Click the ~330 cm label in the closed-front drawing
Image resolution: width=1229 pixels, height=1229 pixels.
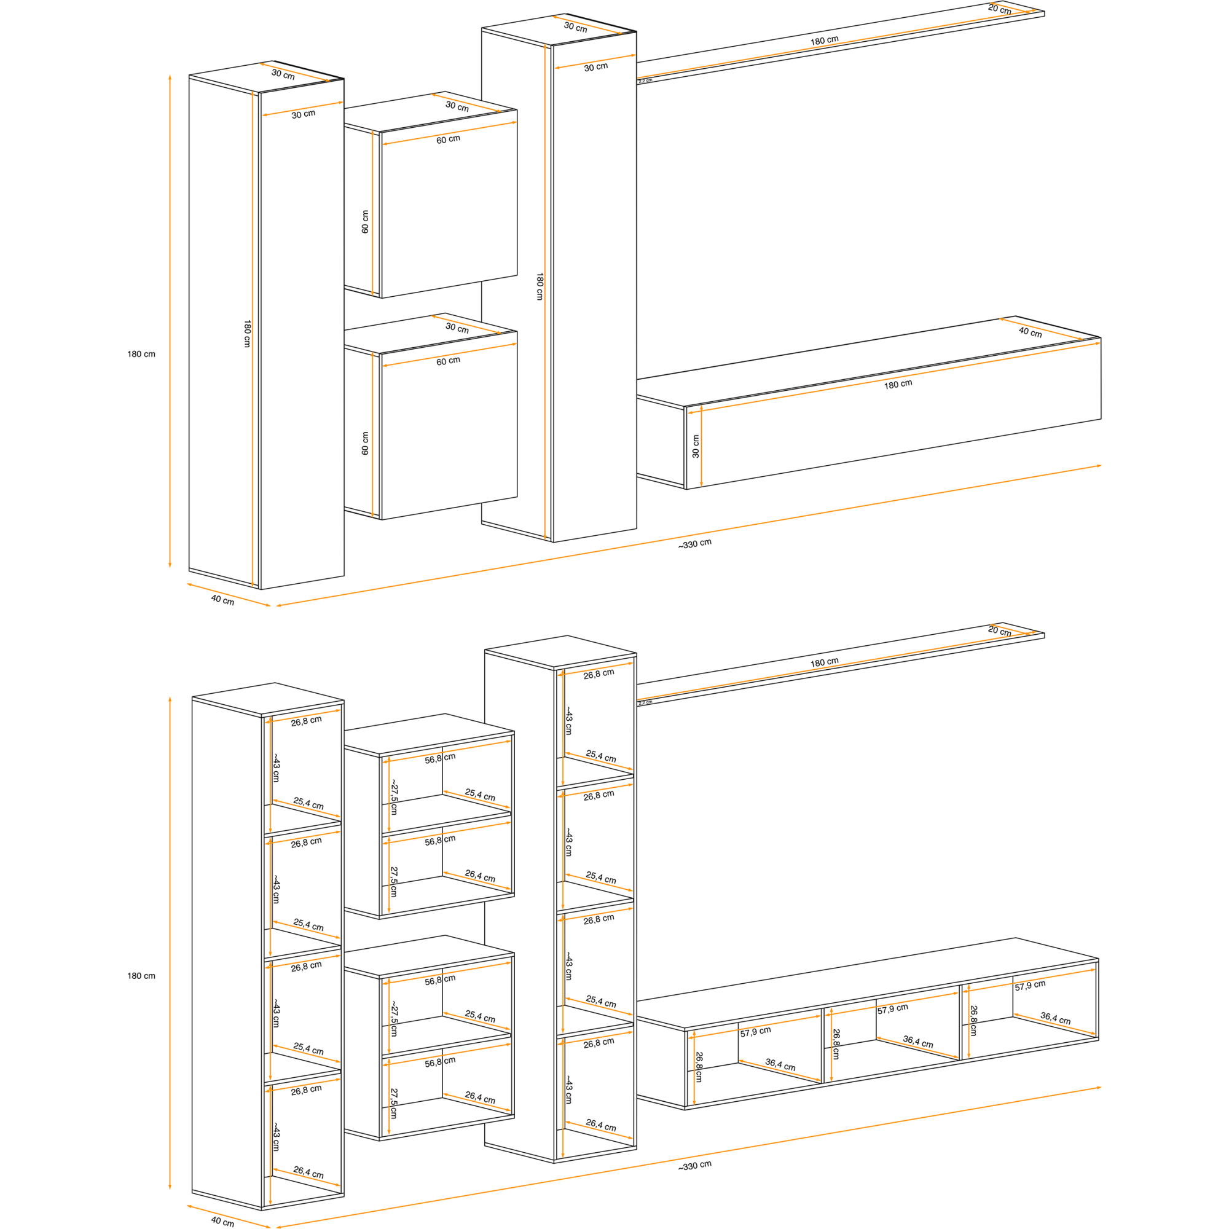click(694, 544)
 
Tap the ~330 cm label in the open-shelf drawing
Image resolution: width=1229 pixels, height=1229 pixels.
click(694, 1165)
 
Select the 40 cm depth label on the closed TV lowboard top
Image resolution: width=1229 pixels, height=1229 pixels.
click(1030, 332)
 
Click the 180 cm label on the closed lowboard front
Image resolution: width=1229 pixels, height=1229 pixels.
click(898, 384)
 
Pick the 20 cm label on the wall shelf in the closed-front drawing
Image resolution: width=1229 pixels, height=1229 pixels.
click(999, 10)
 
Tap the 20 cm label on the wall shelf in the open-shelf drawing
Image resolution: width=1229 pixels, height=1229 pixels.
click(999, 631)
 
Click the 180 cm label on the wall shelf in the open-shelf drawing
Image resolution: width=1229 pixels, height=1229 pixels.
click(824, 662)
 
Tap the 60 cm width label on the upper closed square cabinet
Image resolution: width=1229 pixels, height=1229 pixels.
click(448, 139)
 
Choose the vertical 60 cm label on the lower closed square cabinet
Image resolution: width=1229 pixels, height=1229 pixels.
click(365, 444)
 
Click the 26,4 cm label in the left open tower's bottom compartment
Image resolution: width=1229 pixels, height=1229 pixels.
click(308, 1172)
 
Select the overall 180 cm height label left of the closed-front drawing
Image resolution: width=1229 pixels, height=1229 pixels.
click(141, 355)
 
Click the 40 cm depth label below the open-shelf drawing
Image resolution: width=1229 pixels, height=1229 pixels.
click(222, 1222)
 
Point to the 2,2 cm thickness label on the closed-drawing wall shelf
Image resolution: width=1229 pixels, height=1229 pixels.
click(645, 80)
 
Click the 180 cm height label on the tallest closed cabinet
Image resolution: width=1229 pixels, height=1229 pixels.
click(540, 286)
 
